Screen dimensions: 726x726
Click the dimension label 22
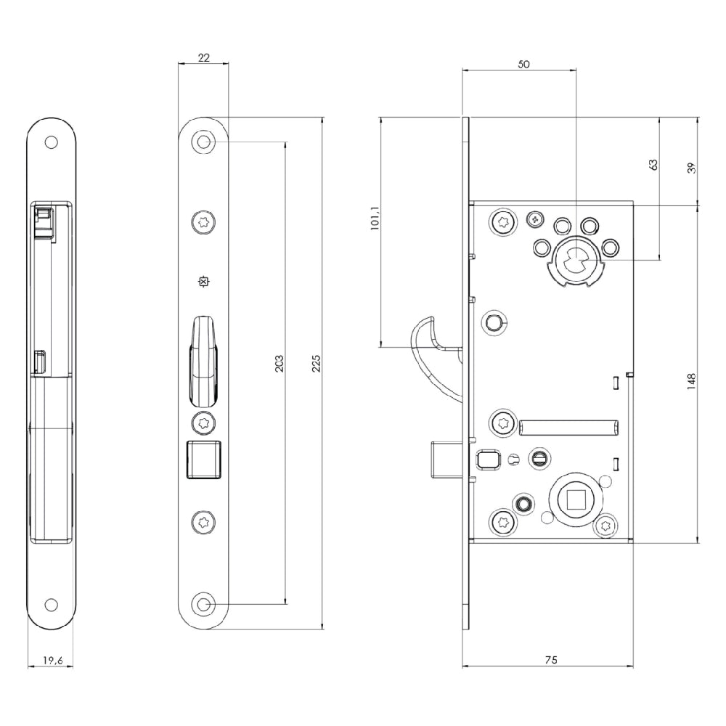[x=204, y=57]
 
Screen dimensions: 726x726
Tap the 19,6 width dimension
[x=53, y=660]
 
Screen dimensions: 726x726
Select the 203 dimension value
[x=279, y=364]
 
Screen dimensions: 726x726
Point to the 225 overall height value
[x=317, y=364]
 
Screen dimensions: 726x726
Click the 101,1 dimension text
[x=375, y=218]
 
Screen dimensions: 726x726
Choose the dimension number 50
[x=523, y=65]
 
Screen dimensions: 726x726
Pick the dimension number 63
[x=653, y=164]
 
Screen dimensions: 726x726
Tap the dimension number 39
[x=692, y=168]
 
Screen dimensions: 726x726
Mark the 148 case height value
[x=692, y=381]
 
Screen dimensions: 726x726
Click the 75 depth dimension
[x=551, y=660]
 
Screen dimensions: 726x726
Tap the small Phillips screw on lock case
[x=536, y=219]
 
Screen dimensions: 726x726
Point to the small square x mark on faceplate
[x=203, y=282]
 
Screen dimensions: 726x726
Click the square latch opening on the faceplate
[x=204, y=460]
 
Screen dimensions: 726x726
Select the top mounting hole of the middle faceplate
[x=203, y=142]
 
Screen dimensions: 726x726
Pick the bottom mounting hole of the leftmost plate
[x=51, y=605]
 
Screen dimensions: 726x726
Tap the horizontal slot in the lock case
[x=569, y=428]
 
